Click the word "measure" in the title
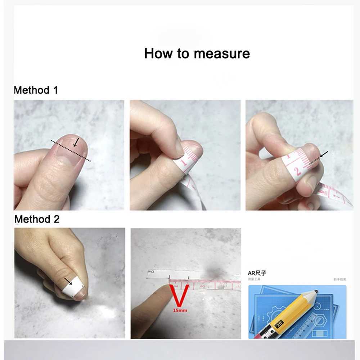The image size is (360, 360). tap(222, 54)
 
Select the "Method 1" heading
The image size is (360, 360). tap(36, 90)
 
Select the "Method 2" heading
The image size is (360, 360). tap(37, 219)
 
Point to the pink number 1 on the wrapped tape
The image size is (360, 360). tap(184, 163)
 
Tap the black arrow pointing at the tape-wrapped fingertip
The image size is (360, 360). tap(324, 155)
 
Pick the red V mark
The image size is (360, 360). tap(179, 295)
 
